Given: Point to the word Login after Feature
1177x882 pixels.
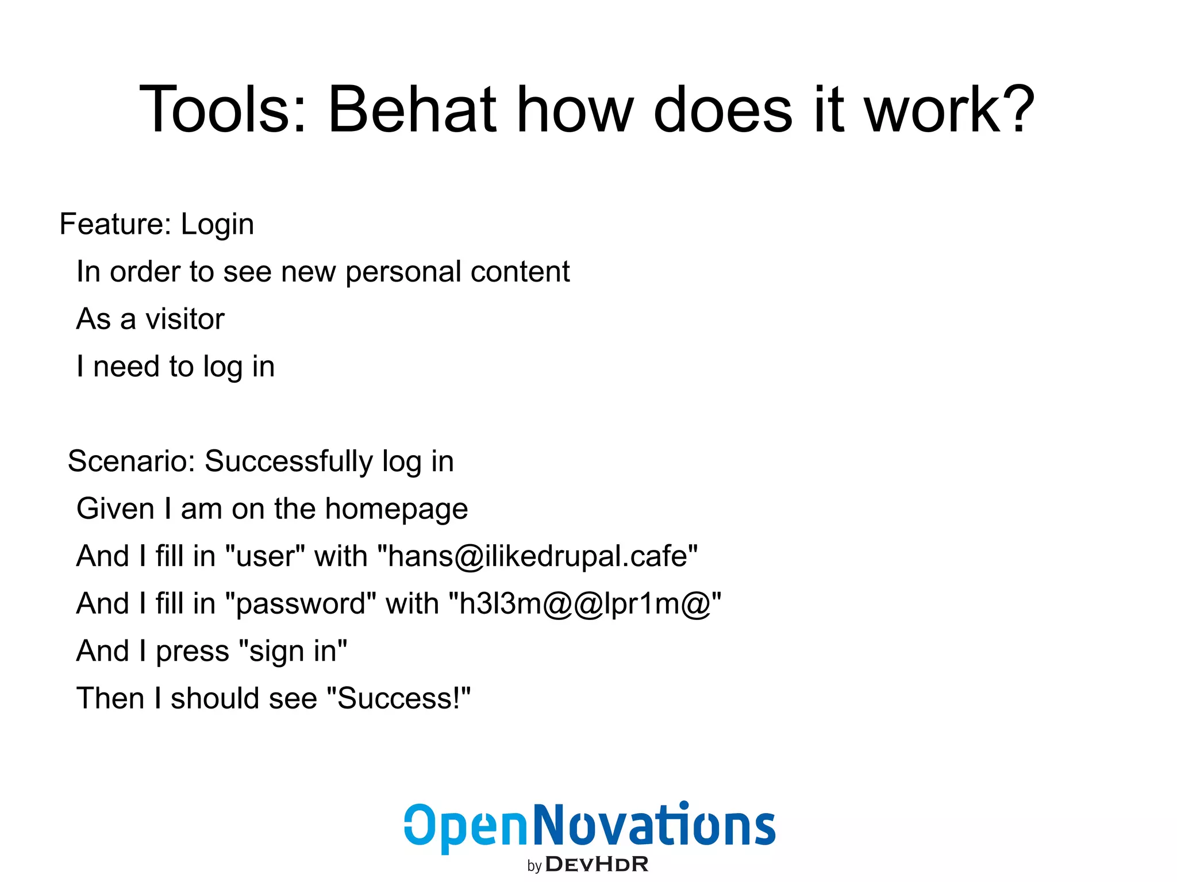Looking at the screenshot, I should click(x=217, y=225).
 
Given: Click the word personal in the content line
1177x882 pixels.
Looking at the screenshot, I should click(x=400, y=272).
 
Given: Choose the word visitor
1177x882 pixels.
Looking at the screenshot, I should click(x=184, y=319).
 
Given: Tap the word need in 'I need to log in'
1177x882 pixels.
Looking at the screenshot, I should click(x=126, y=367).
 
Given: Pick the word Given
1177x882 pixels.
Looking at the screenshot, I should click(x=116, y=509).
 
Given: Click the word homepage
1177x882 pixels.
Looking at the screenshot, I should click(x=396, y=510).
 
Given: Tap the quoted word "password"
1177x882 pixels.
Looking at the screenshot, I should click(x=301, y=604).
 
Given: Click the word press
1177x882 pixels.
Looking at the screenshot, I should click(x=193, y=652).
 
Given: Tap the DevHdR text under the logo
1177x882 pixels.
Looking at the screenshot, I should click(x=596, y=864).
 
